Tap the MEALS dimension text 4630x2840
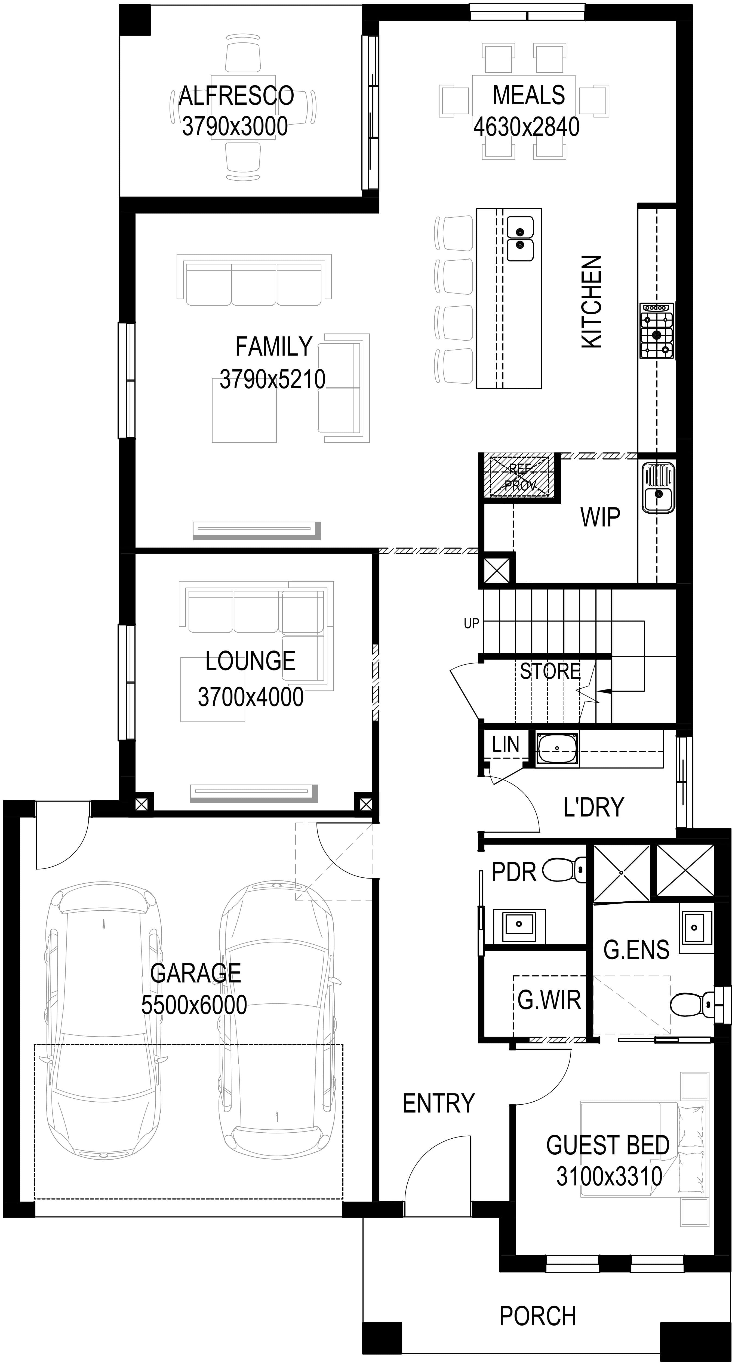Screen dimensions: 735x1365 point(526,127)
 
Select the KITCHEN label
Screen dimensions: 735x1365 point(592,302)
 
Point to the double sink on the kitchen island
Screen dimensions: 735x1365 point(520,238)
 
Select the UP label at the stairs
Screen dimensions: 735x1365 point(471,624)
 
